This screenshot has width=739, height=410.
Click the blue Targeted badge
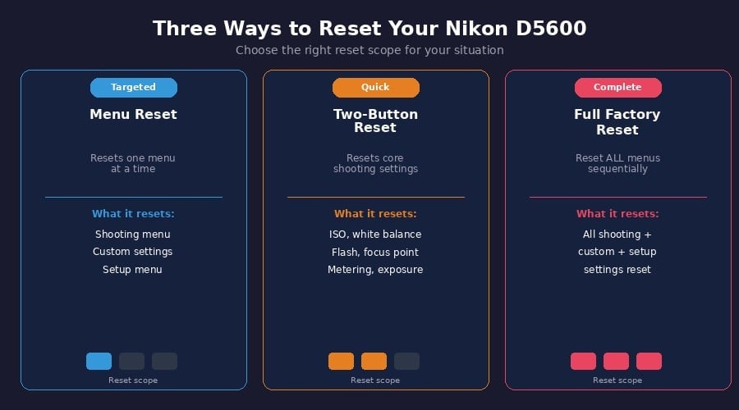tap(134, 88)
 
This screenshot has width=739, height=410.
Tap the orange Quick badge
tap(375, 88)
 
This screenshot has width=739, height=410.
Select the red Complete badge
tap(617, 88)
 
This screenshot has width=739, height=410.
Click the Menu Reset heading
tap(133, 114)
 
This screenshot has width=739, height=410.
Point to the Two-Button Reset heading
tap(375, 121)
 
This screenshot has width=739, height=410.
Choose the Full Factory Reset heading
tap(617, 122)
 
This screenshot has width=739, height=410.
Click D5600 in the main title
tap(551, 28)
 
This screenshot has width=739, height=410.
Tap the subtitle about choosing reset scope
tap(369, 50)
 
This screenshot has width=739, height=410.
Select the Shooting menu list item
tap(132, 235)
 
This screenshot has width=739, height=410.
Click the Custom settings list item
tap(132, 252)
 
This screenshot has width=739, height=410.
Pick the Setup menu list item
tap(132, 270)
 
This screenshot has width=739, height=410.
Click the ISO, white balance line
tap(375, 235)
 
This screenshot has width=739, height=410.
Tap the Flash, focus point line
tap(375, 253)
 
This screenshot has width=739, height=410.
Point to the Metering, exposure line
tap(375, 270)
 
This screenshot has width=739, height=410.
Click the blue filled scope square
tap(99, 361)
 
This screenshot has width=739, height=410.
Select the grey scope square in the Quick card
tap(406, 361)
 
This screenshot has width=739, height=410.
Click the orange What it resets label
tap(375, 214)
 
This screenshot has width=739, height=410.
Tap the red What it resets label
tap(617, 214)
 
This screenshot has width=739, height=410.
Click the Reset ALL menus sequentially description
tap(617, 163)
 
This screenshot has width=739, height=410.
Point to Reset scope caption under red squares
tap(617, 380)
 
